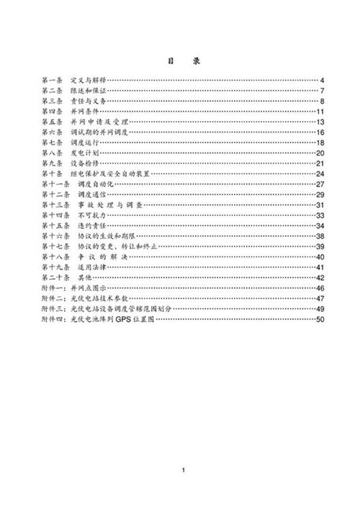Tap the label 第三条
[53, 102]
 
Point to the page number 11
[321, 112]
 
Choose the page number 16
[321, 133]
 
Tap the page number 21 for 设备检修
[321, 165]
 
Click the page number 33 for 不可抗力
[321, 216]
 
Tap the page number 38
[321, 237]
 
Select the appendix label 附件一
[55, 288]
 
